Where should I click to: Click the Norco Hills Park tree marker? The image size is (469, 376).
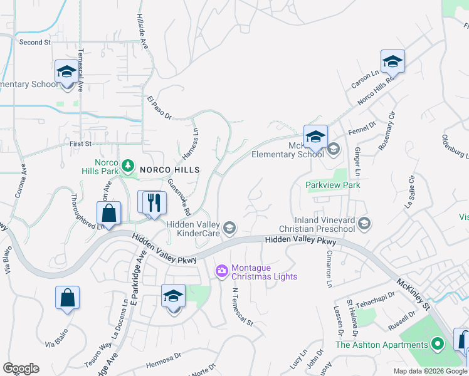click(x=128, y=165)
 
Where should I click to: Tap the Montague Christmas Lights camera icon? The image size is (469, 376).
click(x=221, y=271)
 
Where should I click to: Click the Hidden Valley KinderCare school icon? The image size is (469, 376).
click(x=229, y=227)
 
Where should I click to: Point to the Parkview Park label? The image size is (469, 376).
click(x=332, y=185)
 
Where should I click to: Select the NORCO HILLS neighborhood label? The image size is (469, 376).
click(x=169, y=170)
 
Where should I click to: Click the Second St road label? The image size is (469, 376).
click(x=34, y=42)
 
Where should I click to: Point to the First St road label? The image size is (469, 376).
click(x=80, y=144)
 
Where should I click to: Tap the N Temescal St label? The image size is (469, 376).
click(x=243, y=308)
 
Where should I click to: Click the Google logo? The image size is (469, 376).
click(x=21, y=368)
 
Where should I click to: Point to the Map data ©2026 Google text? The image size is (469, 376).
click(x=430, y=371)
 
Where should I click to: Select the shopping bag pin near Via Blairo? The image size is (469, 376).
click(x=67, y=298)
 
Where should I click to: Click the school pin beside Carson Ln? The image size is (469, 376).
click(x=392, y=61)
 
